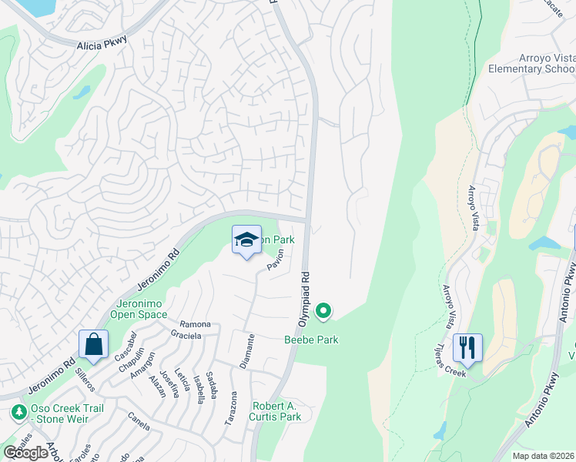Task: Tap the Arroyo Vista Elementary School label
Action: pyautogui.click(x=532, y=62)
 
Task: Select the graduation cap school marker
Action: pyautogui.click(x=246, y=240)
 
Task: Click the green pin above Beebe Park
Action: pyautogui.click(x=324, y=311)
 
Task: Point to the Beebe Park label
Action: pyautogui.click(x=311, y=340)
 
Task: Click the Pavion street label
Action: pyautogui.click(x=276, y=259)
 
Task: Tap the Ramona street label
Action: pyautogui.click(x=195, y=325)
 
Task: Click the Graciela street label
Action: pyautogui.click(x=185, y=336)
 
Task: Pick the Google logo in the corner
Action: pyautogui.click(x=26, y=452)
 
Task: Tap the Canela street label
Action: pyautogui.click(x=139, y=422)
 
